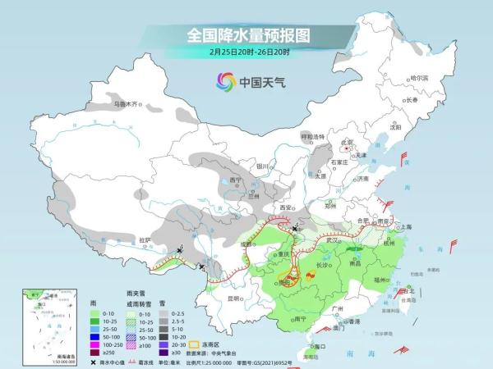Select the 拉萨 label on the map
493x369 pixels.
point(145,239)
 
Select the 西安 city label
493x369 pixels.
point(285,209)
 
